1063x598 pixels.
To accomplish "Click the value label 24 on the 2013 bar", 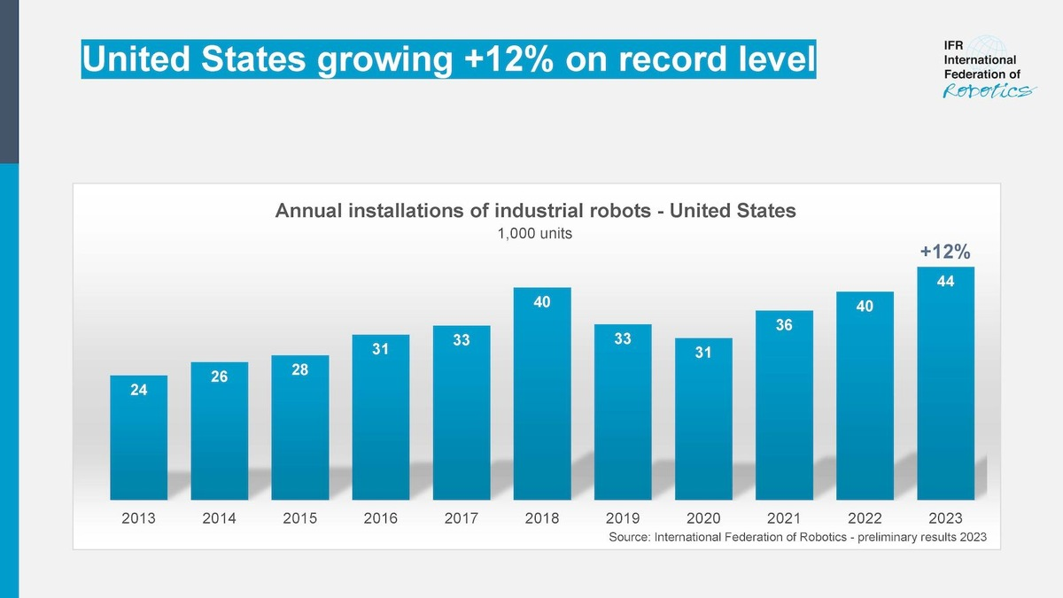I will point(138,388).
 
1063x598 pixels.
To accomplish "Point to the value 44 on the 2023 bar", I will point(946,280).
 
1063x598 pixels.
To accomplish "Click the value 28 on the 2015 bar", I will point(299,369).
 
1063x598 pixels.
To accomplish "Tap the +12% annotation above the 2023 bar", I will point(945,252).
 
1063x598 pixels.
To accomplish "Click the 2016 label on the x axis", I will point(380,518).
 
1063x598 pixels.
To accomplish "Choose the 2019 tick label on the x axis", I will point(623,518).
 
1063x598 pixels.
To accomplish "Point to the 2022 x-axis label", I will point(865,518).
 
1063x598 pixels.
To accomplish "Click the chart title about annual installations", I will point(536,211).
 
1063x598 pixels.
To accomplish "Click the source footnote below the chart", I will point(796,538).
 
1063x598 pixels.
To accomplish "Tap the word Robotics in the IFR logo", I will point(984,92).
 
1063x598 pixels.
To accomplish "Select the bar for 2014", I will point(219,431).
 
